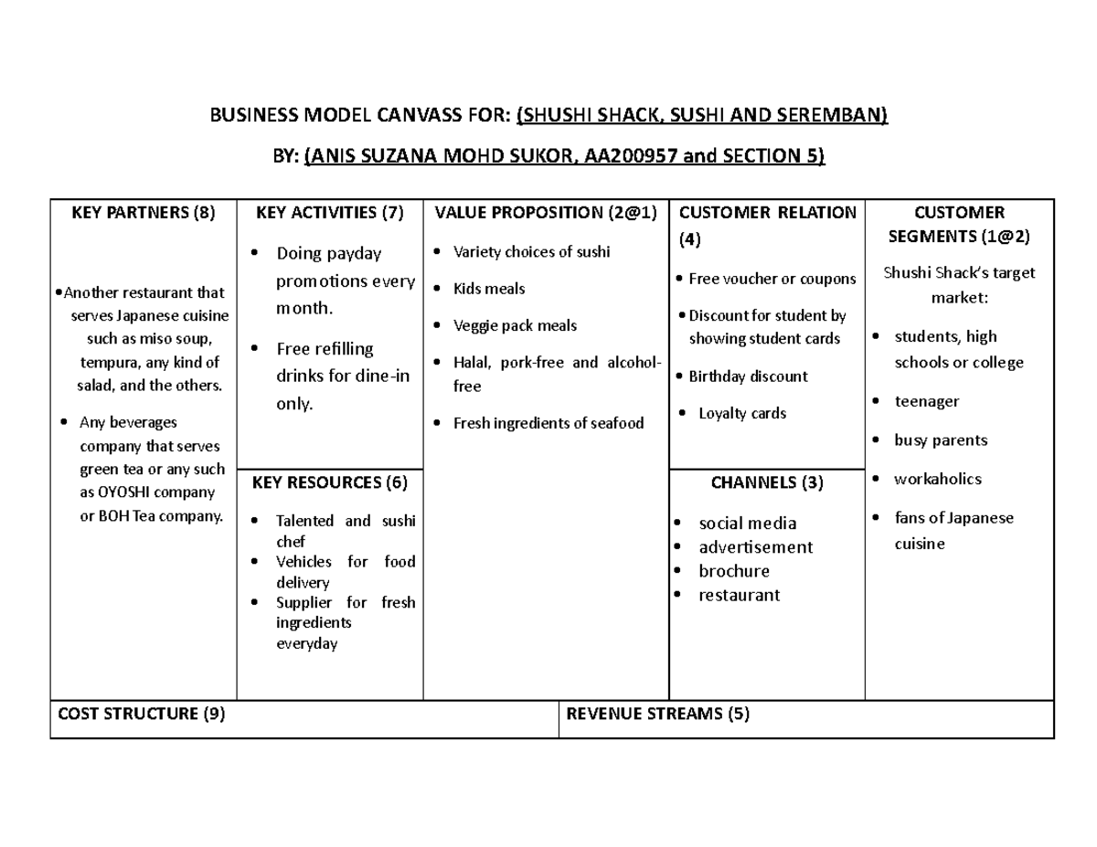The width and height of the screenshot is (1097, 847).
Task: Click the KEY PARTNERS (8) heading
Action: (144, 213)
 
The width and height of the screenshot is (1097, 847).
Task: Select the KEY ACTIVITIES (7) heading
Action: (329, 213)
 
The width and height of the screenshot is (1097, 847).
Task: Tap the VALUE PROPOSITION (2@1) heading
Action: (546, 213)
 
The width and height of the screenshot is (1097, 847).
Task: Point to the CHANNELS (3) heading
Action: (767, 482)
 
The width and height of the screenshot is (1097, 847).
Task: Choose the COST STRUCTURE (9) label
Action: (141, 715)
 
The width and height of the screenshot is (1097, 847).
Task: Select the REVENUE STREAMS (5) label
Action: (658, 715)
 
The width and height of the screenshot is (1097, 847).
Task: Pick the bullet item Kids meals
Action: (489, 289)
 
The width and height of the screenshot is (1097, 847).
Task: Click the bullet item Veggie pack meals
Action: (515, 325)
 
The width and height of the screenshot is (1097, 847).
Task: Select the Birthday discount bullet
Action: (748, 376)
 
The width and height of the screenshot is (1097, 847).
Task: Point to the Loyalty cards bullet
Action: (742, 413)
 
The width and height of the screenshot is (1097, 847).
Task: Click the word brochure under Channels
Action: (734, 571)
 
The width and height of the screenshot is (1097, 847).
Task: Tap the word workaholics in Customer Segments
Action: (937, 479)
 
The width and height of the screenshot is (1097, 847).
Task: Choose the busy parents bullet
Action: (941, 440)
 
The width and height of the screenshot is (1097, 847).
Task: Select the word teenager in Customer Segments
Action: (926, 401)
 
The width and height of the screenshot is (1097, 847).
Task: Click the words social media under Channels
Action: (747, 524)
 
